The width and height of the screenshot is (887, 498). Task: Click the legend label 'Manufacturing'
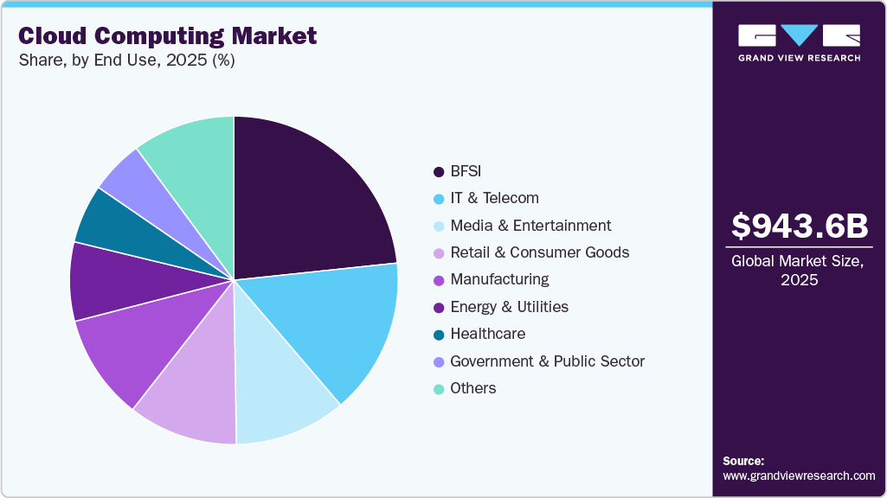tap(499, 279)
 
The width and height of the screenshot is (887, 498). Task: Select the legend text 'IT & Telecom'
tap(494, 198)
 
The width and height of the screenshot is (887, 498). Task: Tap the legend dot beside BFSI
tap(439, 171)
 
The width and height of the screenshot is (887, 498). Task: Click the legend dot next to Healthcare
tap(439, 334)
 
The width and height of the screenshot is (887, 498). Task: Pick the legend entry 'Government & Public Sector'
tap(547, 361)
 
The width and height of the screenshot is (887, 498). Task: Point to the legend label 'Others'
tap(473, 388)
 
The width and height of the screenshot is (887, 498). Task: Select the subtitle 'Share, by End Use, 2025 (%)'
tap(126, 61)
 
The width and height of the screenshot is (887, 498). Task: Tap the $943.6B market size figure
tap(799, 226)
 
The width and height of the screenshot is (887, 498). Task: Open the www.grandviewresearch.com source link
tap(799, 476)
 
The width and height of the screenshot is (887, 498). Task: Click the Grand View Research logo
tap(799, 42)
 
